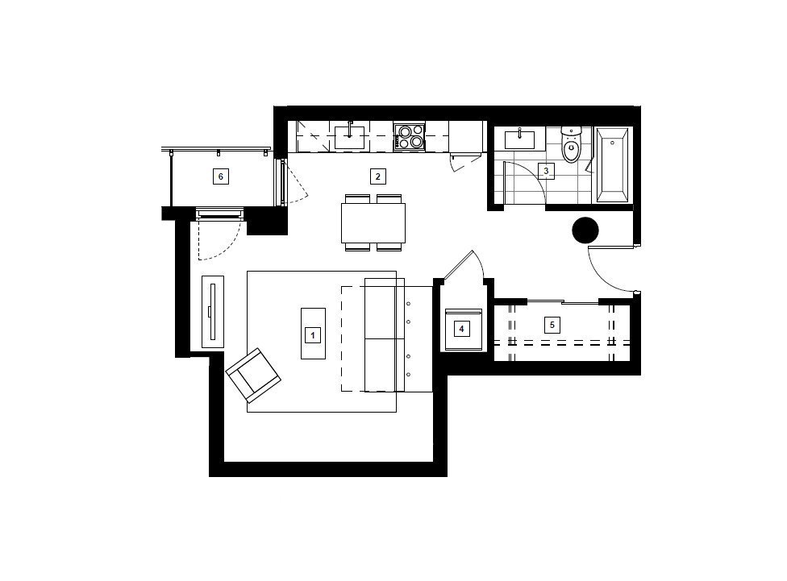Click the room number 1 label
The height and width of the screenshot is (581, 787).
point(313,334)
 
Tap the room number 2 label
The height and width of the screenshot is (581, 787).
point(378,176)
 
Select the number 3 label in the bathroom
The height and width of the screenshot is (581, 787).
point(546,171)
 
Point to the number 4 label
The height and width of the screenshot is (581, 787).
point(462,329)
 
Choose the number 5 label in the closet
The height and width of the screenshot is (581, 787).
point(552,325)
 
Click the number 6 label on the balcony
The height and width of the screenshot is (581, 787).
point(220,176)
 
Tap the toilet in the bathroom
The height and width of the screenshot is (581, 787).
point(571,145)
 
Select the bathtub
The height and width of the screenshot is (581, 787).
point(612,165)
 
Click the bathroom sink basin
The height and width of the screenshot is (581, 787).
point(519,139)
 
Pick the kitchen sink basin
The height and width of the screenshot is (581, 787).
point(349,137)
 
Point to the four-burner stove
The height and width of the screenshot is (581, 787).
point(409,137)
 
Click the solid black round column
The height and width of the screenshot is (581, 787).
point(585,230)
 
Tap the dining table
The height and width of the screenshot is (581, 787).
point(373,222)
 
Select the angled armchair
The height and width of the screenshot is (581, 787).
point(253,375)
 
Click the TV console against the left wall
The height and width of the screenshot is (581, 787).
point(213,312)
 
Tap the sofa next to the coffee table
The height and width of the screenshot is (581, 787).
point(385,334)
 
